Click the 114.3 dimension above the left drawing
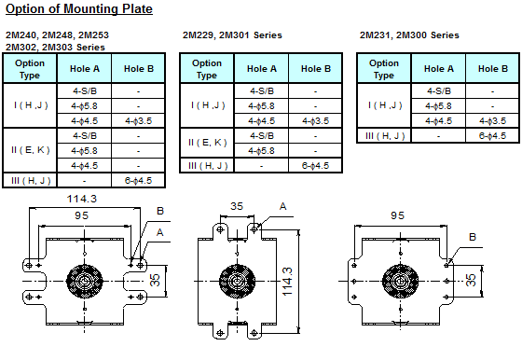pyautogui.click(x=84, y=200)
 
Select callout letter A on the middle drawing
pyautogui.click(x=282, y=206)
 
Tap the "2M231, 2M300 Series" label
pyautogui.click(x=409, y=35)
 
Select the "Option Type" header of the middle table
pyautogui.click(x=208, y=68)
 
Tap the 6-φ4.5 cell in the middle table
pyautogui.click(x=317, y=165)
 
